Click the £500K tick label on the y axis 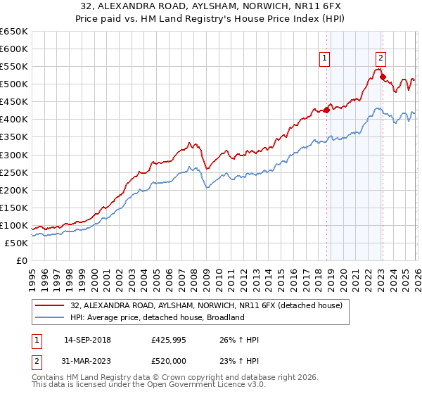click(14, 84)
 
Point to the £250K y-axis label click(14, 172)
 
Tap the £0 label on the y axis click(21, 260)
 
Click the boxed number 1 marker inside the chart click(326, 59)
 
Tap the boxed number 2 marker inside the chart click(381, 59)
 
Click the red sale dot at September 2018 click(326, 110)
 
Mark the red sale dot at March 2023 click(383, 77)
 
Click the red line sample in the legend click(51, 306)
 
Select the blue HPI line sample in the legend click(51, 318)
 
